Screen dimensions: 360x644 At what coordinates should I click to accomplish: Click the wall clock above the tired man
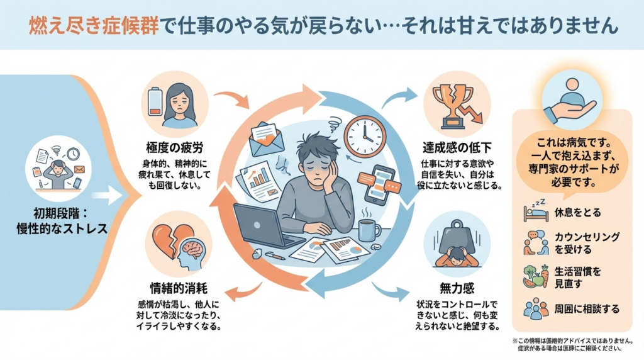(364, 135)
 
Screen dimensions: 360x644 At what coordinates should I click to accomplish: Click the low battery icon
(155, 101)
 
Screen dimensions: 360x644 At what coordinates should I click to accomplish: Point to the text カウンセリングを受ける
(587, 244)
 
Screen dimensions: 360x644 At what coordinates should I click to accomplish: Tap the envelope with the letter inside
(266, 138)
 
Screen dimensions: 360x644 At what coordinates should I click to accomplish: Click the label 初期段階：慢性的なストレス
(62, 219)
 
